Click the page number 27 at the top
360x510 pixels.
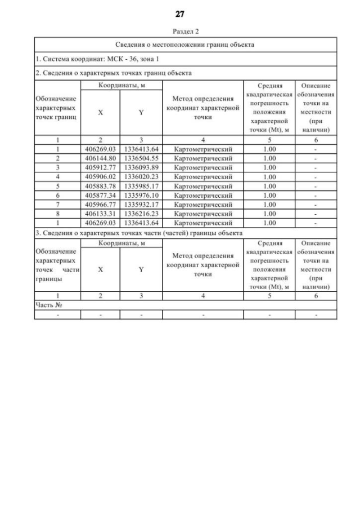(x=180, y=14)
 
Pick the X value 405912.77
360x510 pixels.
(x=100, y=168)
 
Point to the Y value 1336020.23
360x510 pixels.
(x=141, y=177)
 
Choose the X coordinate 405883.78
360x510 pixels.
(x=100, y=186)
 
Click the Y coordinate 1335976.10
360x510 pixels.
(x=141, y=195)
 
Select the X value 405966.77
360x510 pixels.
(x=100, y=204)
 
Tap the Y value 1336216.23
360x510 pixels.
(x=141, y=214)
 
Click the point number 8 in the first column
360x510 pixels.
(x=58, y=214)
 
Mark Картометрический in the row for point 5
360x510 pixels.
(x=203, y=186)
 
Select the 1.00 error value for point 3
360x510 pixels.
(x=269, y=168)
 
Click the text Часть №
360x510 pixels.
(x=48, y=304)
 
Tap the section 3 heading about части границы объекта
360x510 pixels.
(x=138, y=232)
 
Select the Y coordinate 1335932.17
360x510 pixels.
(x=141, y=204)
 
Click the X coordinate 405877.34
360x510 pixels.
(x=100, y=195)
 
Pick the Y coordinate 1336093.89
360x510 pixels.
(x=141, y=168)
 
